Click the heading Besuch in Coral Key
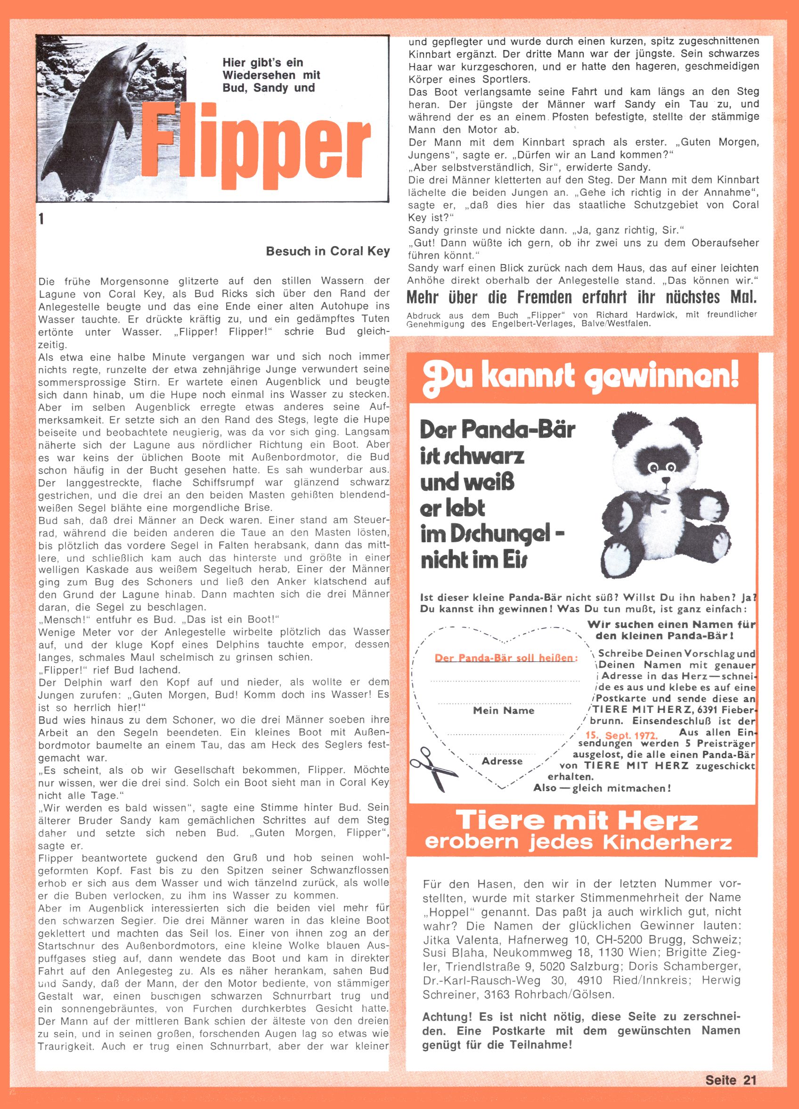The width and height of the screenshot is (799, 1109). (x=327, y=251)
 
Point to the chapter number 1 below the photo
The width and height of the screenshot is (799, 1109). (x=41, y=220)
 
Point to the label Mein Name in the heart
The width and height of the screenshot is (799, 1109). (x=503, y=711)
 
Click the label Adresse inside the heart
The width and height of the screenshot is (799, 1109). (x=502, y=761)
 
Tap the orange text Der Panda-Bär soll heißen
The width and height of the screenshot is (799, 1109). (x=506, y=658)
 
